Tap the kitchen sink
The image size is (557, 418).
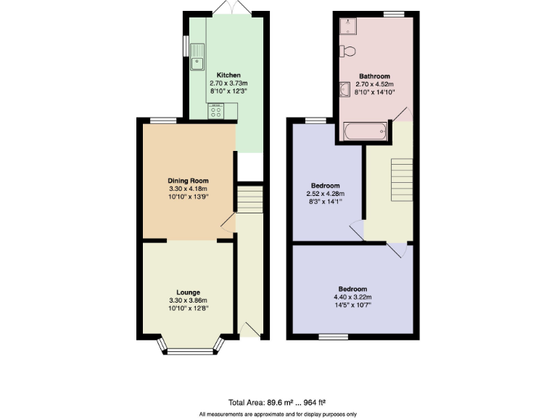197,63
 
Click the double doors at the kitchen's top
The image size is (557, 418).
234,8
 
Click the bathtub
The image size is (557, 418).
364,132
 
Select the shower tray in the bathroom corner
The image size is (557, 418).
348,25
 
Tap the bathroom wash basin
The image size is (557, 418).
345,89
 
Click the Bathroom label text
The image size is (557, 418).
374,76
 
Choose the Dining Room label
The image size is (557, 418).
188,181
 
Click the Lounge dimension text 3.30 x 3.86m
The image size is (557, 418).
188,300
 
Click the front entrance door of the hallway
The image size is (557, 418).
249,329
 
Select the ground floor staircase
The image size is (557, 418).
249,199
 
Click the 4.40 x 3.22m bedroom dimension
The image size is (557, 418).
352,296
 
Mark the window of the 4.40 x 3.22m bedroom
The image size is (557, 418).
333,336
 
